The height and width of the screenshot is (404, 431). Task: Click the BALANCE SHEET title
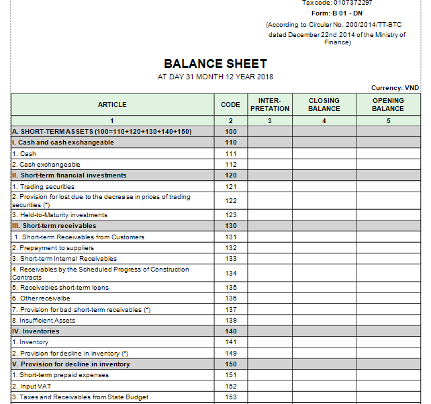[215, 64]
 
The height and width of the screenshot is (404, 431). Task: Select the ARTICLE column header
[112, 104]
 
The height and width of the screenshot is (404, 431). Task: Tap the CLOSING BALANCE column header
[324, 104]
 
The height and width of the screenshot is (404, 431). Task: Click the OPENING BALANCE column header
[388, 104]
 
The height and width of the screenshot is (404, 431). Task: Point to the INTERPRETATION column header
[270, 104]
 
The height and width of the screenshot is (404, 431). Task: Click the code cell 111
[231, 154]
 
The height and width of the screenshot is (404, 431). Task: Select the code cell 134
[231, 274]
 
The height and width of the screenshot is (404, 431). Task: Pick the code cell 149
[231, 354]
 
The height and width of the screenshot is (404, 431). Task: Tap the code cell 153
[231, 397]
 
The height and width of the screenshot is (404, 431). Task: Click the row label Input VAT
[33, 387]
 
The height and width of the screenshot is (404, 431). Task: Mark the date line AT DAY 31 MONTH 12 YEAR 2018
[215, 77]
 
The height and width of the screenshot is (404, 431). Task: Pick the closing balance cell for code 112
[324, 165]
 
